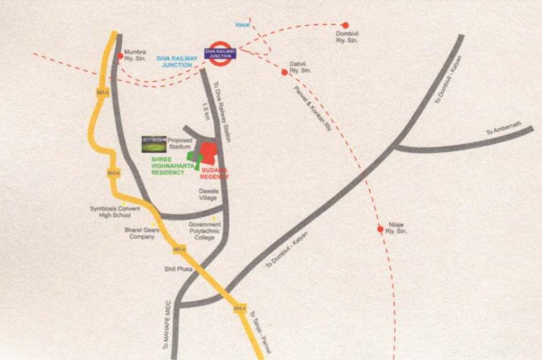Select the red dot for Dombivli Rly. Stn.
[x=345, y=25]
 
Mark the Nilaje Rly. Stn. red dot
[x=380, y=229]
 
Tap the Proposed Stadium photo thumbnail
[x=154, y=144]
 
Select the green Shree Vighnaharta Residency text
[x=168, y=166]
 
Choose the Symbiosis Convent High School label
[x=116, y=211]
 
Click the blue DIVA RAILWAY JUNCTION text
[x=176, y=61]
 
